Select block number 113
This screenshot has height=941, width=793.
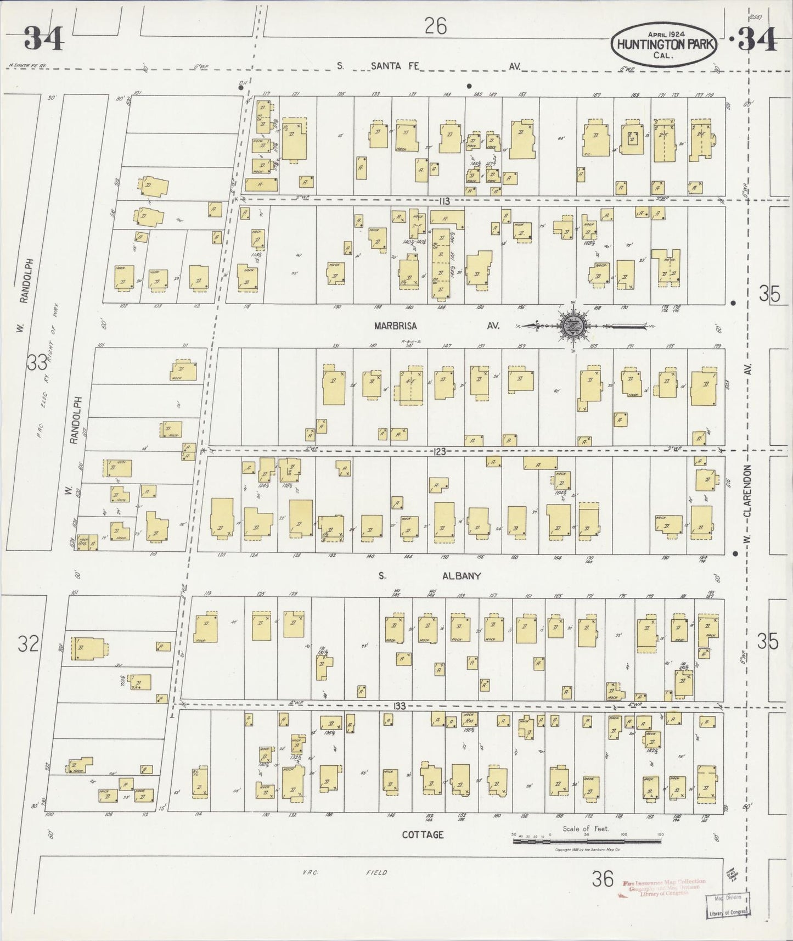tap(444, 201)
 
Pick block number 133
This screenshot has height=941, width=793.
tap(399, 706)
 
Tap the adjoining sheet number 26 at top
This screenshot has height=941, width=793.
tap(435, 26)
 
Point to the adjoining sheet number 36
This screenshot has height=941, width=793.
tap(602, 880)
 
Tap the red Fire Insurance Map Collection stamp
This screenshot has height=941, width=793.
tap(664, 888)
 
